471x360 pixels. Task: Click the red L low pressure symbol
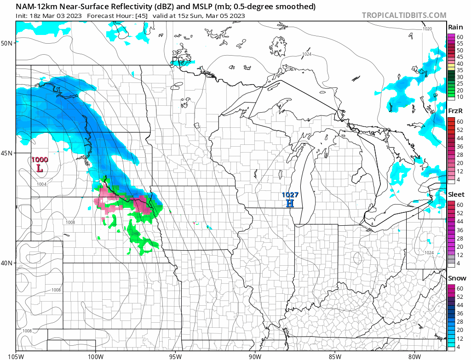point(40,169)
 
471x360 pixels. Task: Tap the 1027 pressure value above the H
point(291,194)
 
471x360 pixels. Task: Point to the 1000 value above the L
point(40,160)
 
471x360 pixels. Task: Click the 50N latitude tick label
point(7,43)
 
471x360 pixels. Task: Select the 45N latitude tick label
point(7,153)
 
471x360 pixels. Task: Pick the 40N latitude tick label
point(7,263)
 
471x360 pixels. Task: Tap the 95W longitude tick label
point(175,355)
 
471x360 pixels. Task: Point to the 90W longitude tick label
point(255,355)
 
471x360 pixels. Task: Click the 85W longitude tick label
point(335,355)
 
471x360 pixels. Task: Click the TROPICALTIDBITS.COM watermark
point(404,15)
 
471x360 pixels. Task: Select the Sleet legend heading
point(456,194)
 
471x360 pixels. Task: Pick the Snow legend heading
point(457,278)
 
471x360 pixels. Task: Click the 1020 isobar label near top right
point(428,29)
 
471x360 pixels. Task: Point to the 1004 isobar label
point(42,184)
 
